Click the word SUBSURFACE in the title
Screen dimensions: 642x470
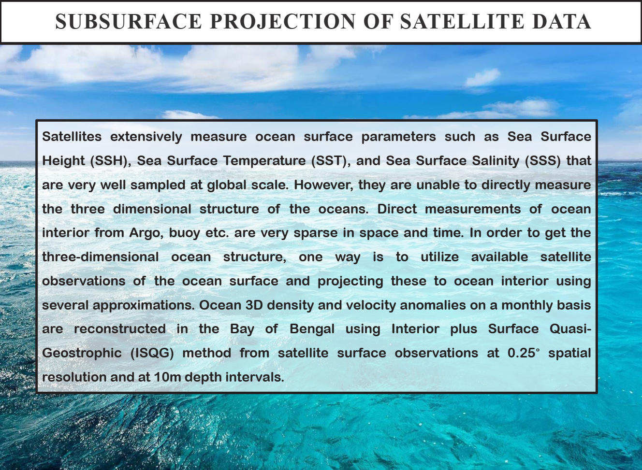tap(129, 21)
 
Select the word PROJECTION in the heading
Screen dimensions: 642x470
tap(283, 21)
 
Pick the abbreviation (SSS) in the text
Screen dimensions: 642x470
tap(543, 161)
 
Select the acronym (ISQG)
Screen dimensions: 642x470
tap(152, 353)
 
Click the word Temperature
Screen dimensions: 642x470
tap(264, 161)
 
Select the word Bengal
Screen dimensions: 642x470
tap(312, 329)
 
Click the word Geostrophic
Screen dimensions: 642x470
tap(82, 353)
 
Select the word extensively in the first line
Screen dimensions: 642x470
tap(146, 137)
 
